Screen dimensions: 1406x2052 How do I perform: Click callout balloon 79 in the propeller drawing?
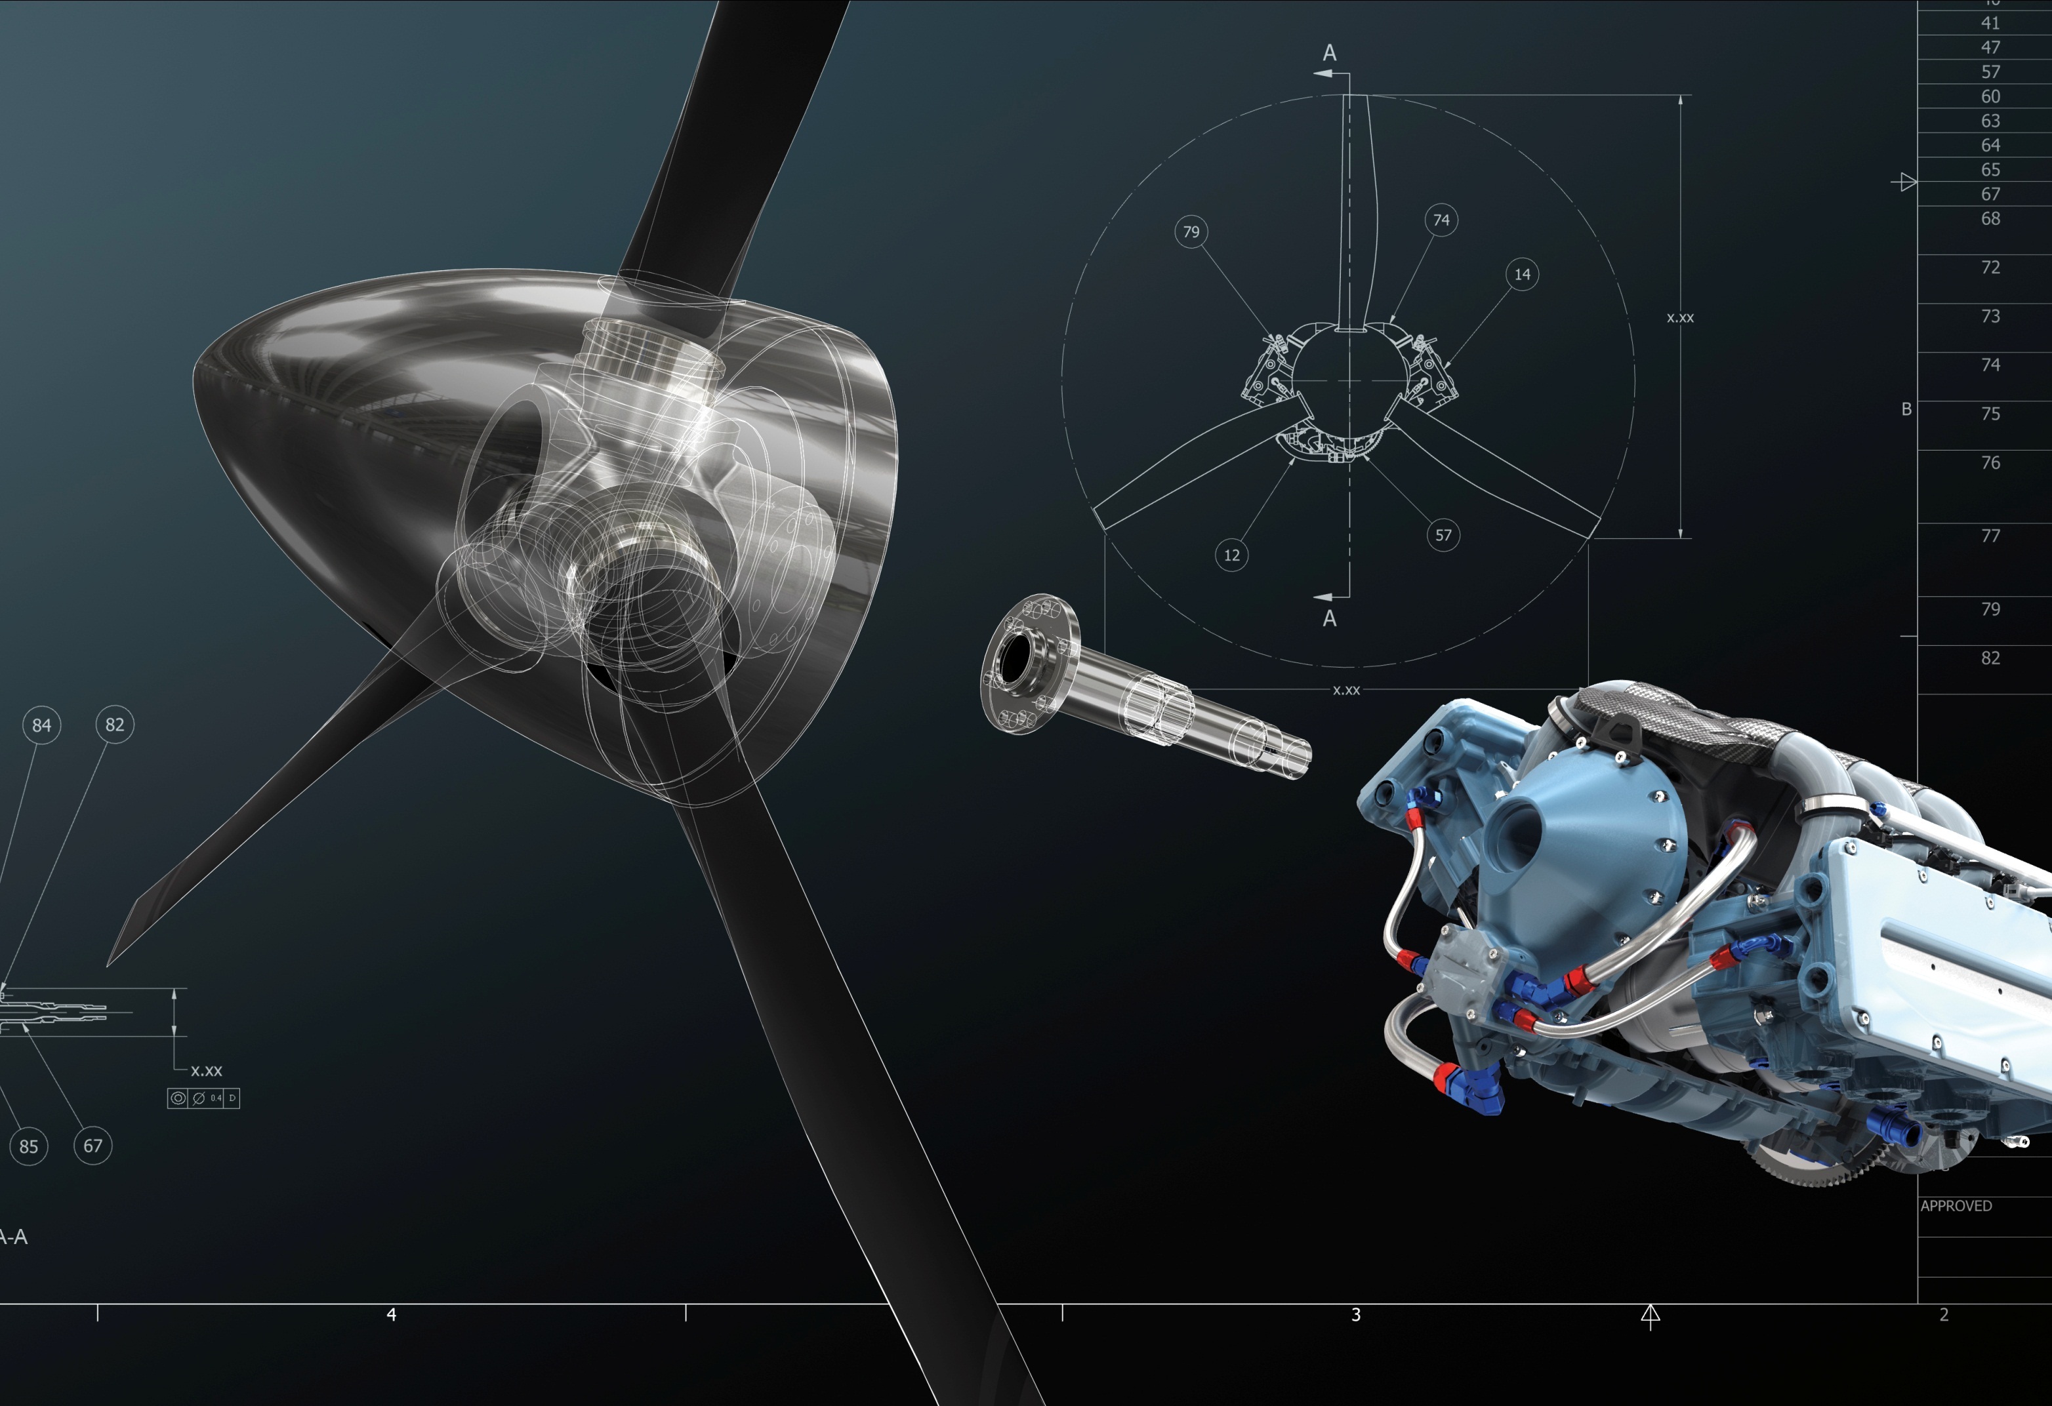1191,232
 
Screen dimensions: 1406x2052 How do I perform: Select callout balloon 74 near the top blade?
1441,220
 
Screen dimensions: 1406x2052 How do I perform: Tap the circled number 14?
1522,275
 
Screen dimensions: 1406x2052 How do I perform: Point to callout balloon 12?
1232,555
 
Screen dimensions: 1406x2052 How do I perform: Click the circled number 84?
41,725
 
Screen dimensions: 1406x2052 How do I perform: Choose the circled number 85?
29,1146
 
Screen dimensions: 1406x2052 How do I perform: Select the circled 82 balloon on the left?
115,725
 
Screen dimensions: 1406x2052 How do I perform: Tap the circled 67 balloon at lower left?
92,1146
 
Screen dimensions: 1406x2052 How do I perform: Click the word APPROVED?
1956,1205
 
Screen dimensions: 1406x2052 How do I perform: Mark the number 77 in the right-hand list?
1990,536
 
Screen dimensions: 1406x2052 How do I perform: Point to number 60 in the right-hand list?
1990,96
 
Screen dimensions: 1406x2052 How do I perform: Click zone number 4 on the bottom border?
391,1314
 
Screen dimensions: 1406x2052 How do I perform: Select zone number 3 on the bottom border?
1355,1314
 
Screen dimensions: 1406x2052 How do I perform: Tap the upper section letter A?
1330,53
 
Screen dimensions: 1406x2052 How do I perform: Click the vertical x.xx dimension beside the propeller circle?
1679,318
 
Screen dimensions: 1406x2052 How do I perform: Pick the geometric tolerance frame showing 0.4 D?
204,1098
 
